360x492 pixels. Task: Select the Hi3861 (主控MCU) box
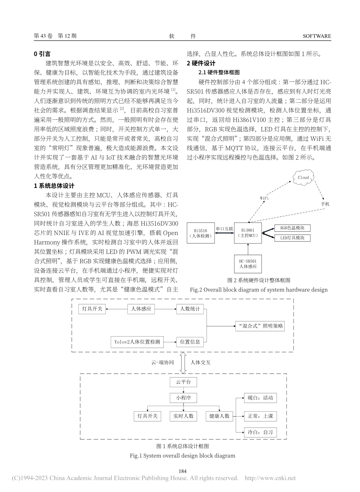tap(248, 232)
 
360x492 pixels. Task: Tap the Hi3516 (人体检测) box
tap(201, 232)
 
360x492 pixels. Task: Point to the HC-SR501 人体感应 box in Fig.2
tap(248, 264)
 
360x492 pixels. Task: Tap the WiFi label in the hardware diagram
tap(265, 197)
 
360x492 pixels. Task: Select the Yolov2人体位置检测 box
tap(137, 342)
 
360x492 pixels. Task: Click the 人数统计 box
tap(190, 309)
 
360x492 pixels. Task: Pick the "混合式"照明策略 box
tap(260, 326)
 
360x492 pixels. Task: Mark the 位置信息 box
tap(190, 342)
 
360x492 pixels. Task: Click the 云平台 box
tap(183, 382)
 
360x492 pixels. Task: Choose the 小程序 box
tap(183, 398)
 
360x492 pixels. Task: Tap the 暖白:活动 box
tap(260, 398)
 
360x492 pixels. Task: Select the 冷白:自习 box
tap(260, 432)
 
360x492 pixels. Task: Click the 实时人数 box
tap(183, 416)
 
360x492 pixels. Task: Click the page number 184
tap(183, 471)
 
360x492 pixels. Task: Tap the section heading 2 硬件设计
tap(201, 63)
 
